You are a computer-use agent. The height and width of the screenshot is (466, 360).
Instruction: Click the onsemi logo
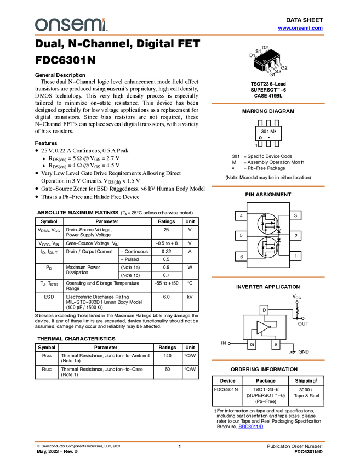tap(71, 25)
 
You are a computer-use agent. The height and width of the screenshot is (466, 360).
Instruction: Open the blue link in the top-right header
tap(300, 28)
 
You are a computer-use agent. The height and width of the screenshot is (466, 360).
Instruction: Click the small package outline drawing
tap(268, 65)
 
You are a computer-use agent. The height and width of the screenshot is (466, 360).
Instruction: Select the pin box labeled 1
tap(296, 256)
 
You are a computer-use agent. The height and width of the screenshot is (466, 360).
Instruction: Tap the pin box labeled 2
tap(296, 236)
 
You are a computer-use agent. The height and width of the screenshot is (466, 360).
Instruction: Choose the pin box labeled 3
tap(296, 216)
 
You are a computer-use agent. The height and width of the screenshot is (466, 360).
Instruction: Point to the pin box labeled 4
tap(241, 216)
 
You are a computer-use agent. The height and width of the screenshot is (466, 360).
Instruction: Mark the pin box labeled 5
tap(241, 236)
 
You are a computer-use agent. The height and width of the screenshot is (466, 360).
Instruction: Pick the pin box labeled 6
tap(241, 256)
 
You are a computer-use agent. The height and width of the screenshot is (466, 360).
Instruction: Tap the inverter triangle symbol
tap(263, 328)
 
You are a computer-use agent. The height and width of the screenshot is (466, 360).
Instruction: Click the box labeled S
tap(276, 345)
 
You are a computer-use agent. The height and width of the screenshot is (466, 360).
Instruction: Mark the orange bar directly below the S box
tap(268, 360)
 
